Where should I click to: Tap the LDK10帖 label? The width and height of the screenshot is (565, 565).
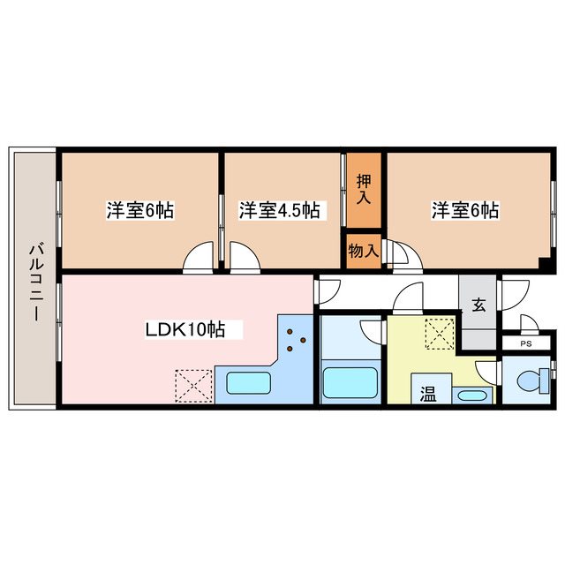point(185,330)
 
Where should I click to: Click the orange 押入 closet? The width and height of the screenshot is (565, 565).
point(363,189)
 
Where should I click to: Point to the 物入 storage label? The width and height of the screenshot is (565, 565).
point(363,251)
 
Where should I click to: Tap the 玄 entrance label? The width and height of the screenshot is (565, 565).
point(478,305)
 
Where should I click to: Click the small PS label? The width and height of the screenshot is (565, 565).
point(526,344)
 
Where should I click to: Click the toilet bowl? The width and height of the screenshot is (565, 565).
point(530,381)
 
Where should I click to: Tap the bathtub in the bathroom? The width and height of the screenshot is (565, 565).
point(350,385)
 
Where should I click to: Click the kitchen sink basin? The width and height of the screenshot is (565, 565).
point(249,384)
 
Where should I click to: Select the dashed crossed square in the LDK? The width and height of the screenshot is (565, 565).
point(192,385)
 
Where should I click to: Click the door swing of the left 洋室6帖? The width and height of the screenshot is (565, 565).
point(200,257)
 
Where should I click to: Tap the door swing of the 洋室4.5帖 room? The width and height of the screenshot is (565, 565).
point(244,257)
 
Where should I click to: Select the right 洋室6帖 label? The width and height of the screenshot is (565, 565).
point(465,211)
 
